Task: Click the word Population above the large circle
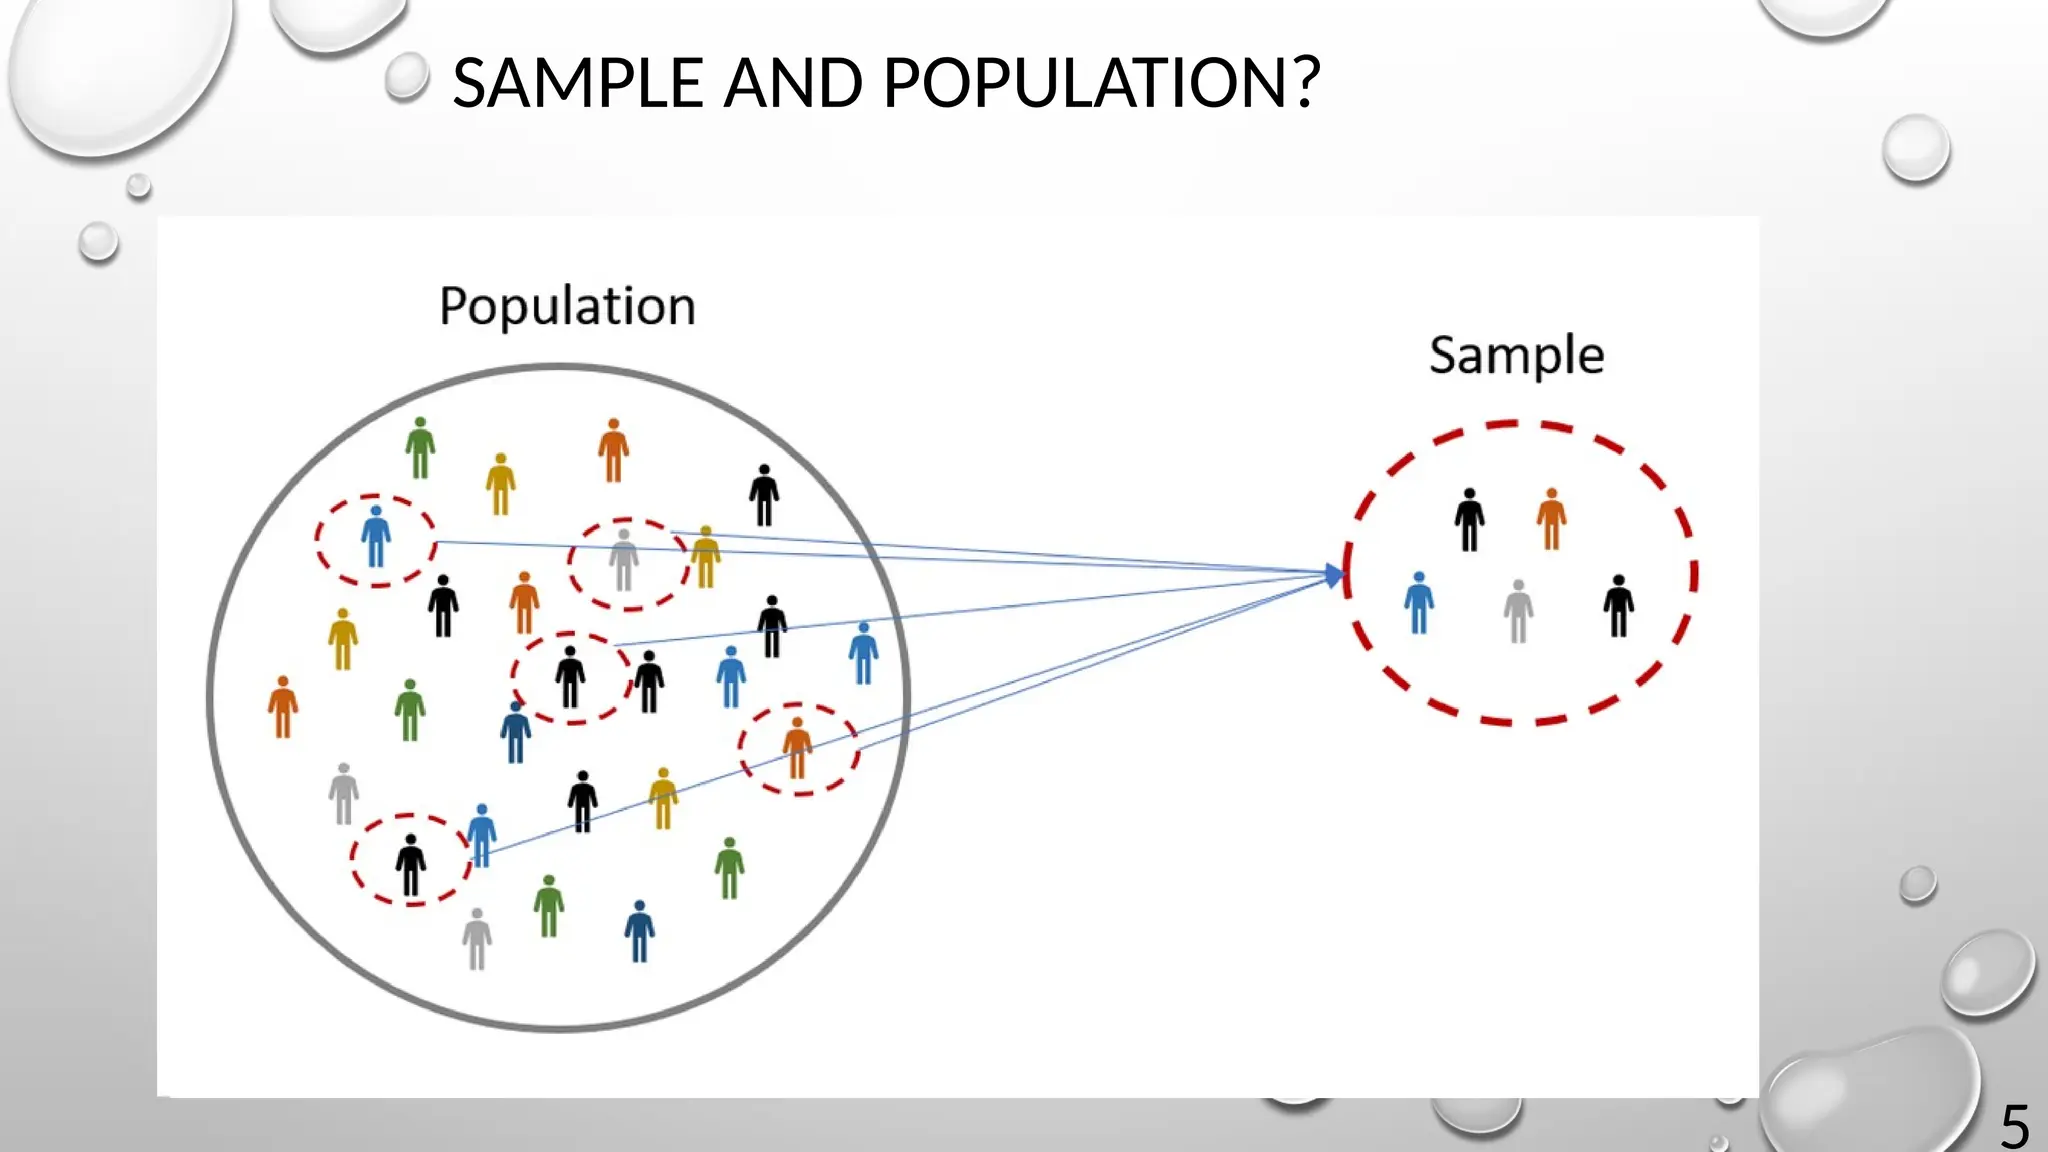click(x=567, y=306)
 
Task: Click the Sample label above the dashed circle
click(x=1516, y=356)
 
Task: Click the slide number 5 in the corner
click(x=2014, y=1127)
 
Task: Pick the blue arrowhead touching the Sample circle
click(x=1335, y=575)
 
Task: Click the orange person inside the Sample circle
click(x=1551, y=518)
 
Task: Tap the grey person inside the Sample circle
click(x=1518, y=610)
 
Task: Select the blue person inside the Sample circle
click(x=1418, y=602)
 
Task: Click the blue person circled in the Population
click(x=376, y=537)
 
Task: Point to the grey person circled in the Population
click(x=624, y=560)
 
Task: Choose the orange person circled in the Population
click(x=797, y=747)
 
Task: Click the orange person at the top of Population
click(x=613, y=450)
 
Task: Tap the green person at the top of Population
click(x=420, y=448)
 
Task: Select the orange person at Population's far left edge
click(x=283, y=706)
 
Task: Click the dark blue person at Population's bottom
click(x=640, y=930)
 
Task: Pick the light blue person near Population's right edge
click(x=863, y=652)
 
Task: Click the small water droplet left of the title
click(x=406, y=77)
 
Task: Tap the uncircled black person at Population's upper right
click(x=764, y=495)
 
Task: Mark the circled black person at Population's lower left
click(x=410, y=864)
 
